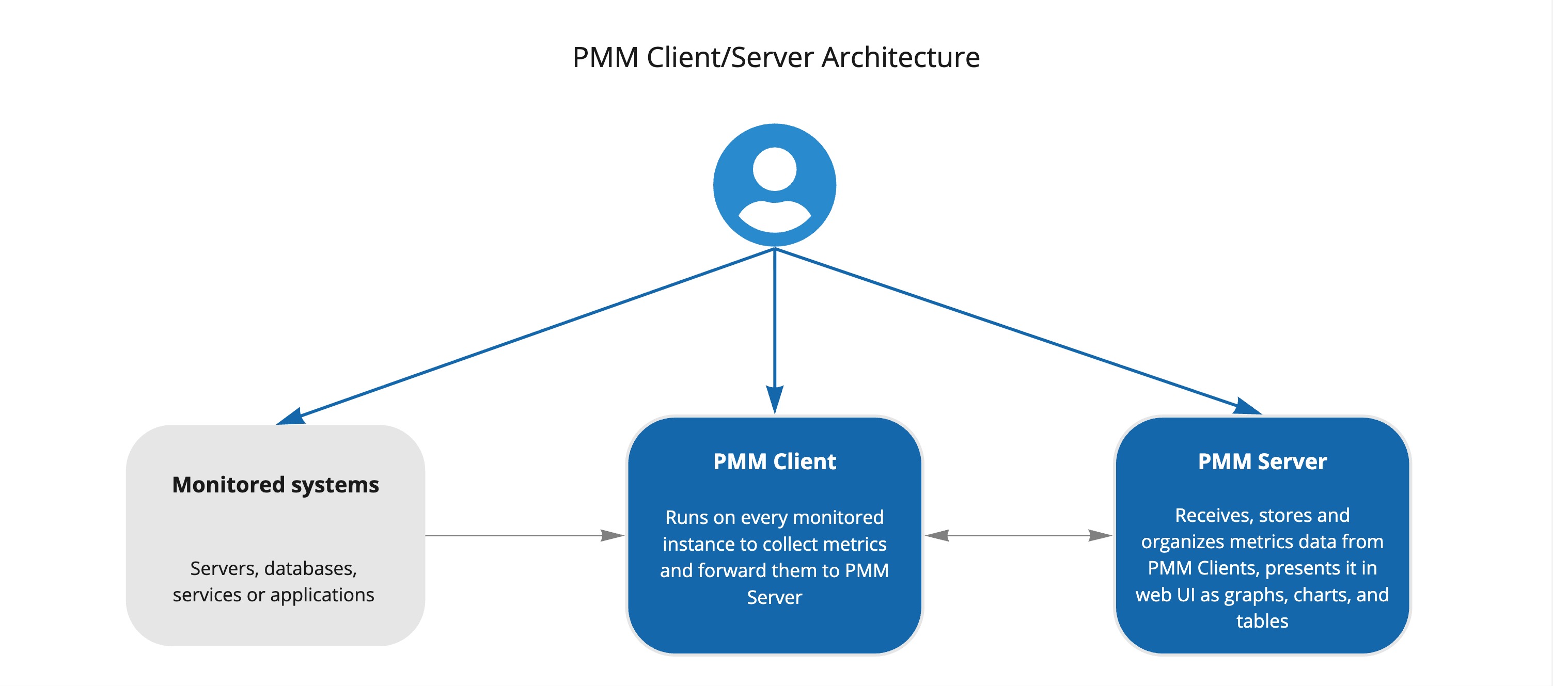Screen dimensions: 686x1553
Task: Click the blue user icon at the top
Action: click(774, 185)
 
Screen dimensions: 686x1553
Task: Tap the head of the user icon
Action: click(774, 168)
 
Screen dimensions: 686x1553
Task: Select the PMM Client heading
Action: click(774, 461)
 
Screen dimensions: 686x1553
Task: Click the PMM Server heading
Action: click(1262, 461)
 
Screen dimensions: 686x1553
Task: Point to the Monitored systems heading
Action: click(275, 485)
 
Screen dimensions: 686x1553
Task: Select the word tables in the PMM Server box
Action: click(1262, 621)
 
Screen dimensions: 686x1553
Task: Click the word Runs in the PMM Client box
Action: click(683, 517)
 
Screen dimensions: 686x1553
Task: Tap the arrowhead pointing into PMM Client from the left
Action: click(613, 535)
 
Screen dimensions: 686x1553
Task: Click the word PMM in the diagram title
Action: click(605, 58)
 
